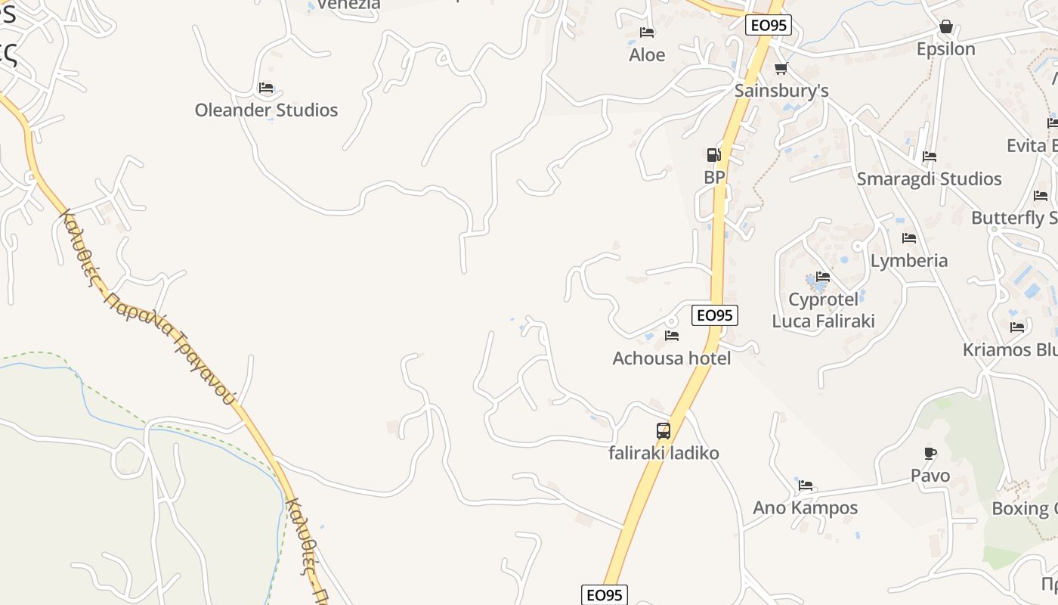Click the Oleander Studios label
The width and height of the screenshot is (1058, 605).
[x=266, y=110]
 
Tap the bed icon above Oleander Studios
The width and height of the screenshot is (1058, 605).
[x=266, y=88]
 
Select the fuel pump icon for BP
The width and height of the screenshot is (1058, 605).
[x=713, y=155]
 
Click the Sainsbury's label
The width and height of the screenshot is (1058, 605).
[x=781, y=91]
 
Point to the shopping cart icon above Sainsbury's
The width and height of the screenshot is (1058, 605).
[x=781, y=69]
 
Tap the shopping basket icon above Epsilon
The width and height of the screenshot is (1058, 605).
[x=945, y=27]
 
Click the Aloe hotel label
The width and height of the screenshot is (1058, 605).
[x=647, y=55]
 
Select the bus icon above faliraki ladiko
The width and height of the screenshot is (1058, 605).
[x=664, y=431]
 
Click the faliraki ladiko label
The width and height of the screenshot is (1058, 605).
[x=664, y=454]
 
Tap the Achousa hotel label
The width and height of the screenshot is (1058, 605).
[x=671, y=358]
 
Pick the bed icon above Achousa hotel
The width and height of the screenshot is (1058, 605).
[x=671, y=336]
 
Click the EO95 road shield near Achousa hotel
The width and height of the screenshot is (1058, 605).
[x=714, y=315]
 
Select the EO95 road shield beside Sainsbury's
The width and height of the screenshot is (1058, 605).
[x=769, y=25]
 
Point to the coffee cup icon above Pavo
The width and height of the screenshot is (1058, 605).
[x=930, y=454]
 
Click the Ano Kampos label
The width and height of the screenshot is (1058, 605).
[x=805, y=508]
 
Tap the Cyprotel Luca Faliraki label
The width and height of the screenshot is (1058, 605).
[x=823, y=310]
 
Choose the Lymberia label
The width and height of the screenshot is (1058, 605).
[x=908, y=261]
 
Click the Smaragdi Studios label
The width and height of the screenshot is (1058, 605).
[x=929, y=179]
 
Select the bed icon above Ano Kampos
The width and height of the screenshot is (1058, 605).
[x=806, y=486]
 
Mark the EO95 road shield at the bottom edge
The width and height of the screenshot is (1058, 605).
[x=605, y=595]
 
